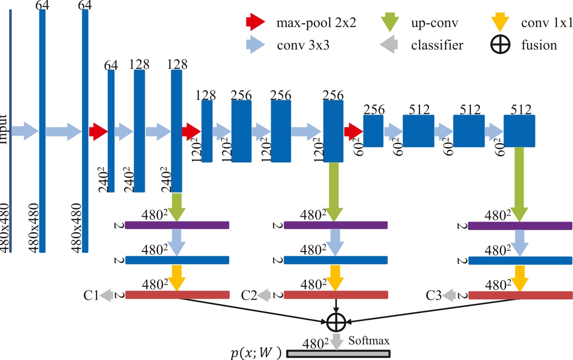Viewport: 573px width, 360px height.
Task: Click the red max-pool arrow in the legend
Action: tap(255, 22)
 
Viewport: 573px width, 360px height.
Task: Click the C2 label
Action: tap(249, 296)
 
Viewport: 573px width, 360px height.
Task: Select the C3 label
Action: tap(434, 296)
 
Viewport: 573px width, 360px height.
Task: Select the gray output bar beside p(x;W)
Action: tap(338, 354)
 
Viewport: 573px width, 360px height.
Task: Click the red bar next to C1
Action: tap(177, 295)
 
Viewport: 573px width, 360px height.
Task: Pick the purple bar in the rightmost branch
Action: tap(520, 225)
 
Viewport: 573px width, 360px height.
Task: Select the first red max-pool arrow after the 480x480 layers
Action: tap(99, 131)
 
